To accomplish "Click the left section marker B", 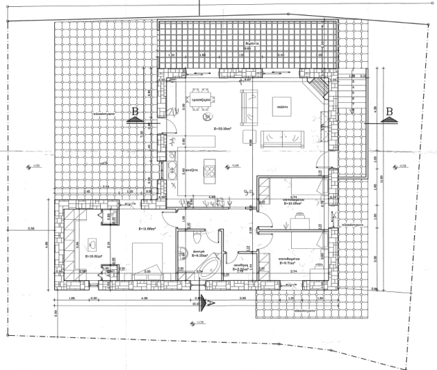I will [135, 113].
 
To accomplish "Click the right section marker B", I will [388, 113].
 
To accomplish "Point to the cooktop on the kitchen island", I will [211, 170].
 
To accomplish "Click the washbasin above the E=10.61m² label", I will [92, 243].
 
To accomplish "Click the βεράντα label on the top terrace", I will [252, 43].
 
